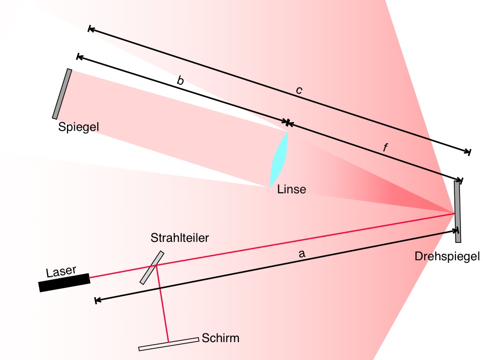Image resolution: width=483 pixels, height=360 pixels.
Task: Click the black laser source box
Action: click(x=64, y=282)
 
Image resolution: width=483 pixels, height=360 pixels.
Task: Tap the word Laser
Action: click(x=60, y=271)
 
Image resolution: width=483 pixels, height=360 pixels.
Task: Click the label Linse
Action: click(x=292, y=190)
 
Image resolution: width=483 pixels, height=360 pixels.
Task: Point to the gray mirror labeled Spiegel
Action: click(x=62, y=94)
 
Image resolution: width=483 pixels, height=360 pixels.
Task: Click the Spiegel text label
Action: click(x=78, y=127)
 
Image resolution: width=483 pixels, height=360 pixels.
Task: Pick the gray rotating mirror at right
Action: click(x=457, y=211)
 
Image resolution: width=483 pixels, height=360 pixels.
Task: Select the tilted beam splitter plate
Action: click(x=152, y=267)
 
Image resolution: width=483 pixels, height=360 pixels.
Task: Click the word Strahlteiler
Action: click(x=180, y=238)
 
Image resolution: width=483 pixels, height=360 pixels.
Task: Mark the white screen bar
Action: click(x=168, y=344)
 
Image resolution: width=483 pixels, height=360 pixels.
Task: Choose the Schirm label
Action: click(x=221, y=338)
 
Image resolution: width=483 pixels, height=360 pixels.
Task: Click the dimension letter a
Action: click(x=302, y=253)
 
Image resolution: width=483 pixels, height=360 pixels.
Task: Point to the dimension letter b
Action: click(x=180, y=80)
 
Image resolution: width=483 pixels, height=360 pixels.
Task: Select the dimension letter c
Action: click(x=299, y=91)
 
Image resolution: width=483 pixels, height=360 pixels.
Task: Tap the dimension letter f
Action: click(x=386, y=148)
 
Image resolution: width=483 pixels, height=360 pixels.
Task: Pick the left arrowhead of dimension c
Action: click(x=91, y=29)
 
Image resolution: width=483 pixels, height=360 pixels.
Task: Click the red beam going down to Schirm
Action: click(x=163, y=307)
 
